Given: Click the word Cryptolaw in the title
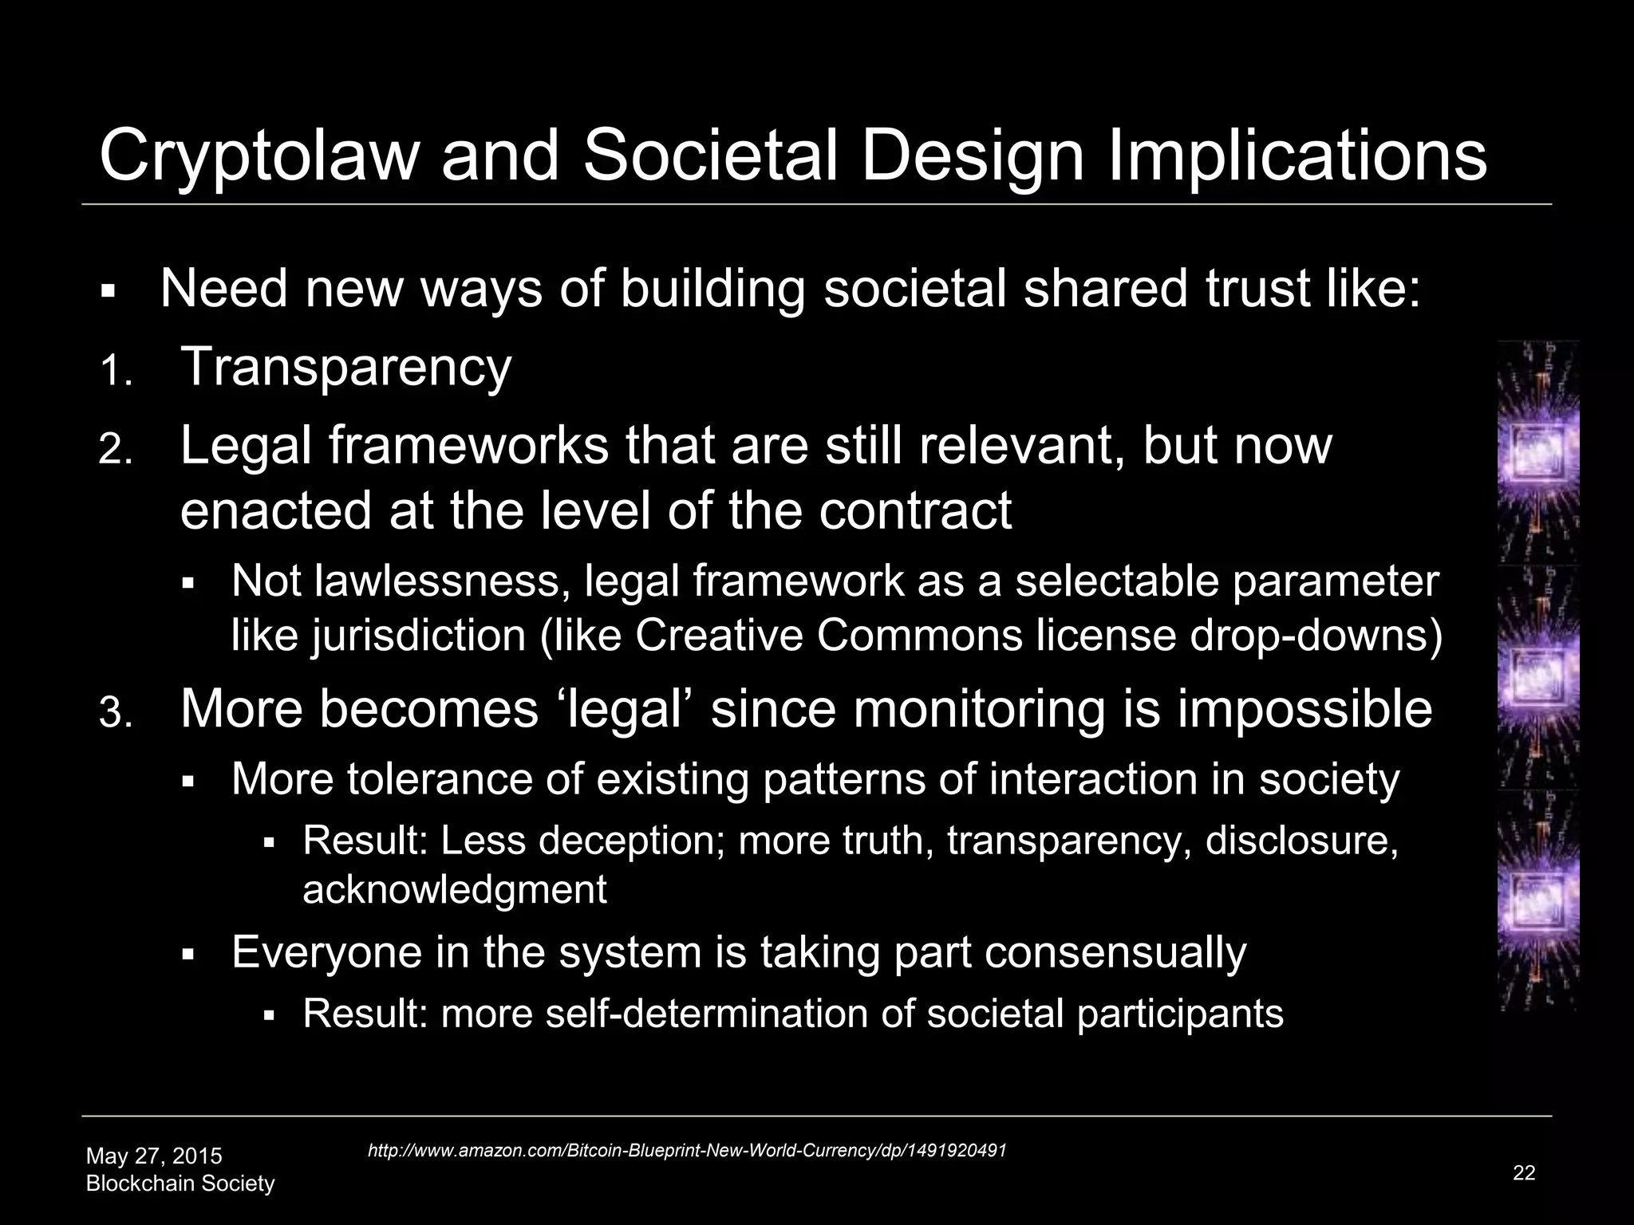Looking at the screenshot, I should tap(259, 156).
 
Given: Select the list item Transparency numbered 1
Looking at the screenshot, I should tap(345, 367).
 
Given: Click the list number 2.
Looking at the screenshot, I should tap(115, 451).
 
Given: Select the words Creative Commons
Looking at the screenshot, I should tap(828, 636).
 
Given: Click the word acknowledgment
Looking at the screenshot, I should tap(455, 888).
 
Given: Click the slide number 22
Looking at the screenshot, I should tap(1523, 1172).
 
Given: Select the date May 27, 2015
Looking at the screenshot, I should tap(154, 1156).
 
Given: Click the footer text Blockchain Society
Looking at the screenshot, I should tap(180, 1184).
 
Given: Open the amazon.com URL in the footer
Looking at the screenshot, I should tap(686, 1151).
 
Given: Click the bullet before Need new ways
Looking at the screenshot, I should tap(109, 292).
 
